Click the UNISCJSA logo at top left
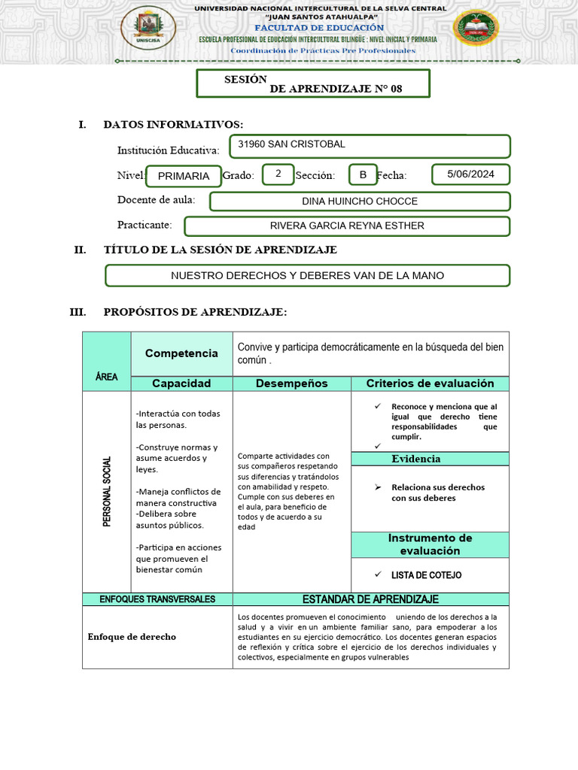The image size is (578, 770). pyautogui.click(x=148, y=27)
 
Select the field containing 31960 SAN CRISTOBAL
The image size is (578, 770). pyautogui.click(x=370, y=146)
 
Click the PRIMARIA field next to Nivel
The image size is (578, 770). pyautogui.click(x=184, y=176)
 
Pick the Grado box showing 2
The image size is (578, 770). pyautogui.click(x=278, y=174)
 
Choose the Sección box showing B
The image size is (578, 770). pyautogui.click(x=363, y=174)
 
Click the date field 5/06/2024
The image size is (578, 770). pyautogui.click(x=470, y=174)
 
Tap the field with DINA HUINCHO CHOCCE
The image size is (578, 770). pyautogui.click(x=359, y=202)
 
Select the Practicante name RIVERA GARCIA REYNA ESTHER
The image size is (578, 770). pyautogui.click(x=347, y=226)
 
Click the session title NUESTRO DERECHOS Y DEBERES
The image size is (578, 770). pyautogui.click(x=307, y=276)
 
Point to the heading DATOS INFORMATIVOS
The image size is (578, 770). pyautogui.click(x=173, y=124)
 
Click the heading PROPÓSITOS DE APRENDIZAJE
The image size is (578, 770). pyautogui.click(x=195, y=312)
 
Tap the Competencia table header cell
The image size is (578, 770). pyautogui.click(x=181, y=353)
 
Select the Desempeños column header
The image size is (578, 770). pyautogui.click(x=291, y=383)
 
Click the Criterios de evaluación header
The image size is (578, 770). pyautogui.click(x=430, y=383)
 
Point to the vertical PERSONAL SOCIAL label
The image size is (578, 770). pyautogui.click(x=107, y=491)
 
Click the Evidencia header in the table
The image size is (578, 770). pyautogui.click(x=415, y=459)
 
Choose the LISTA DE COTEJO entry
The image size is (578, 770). pyautogui.click(x=426, y=575)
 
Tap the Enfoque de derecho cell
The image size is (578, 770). pyautogui.click(x=132, y=637)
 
